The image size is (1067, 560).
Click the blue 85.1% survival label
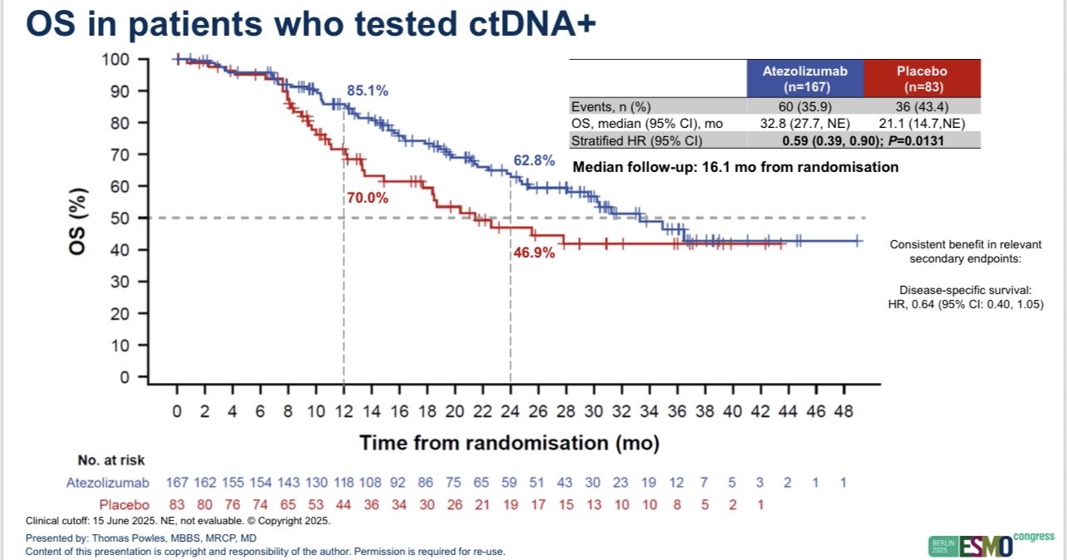click(367, 91)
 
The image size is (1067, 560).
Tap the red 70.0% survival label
click(367, 199)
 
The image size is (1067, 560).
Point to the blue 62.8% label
click(533, 161)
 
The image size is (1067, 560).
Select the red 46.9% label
click(533, 253)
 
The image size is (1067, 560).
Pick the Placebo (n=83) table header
click(922, 78)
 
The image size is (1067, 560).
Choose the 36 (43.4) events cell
click(922, 106)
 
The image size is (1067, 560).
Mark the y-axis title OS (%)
click(78, 218)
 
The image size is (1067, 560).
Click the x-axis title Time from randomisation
click(509, 443)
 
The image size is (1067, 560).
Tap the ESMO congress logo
click(990, 544)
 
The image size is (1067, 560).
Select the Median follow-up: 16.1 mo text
click(735, 167)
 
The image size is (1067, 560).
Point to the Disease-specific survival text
click(965, 290)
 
